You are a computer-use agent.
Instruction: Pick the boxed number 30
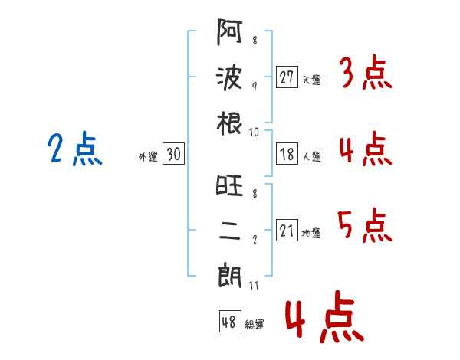[x=173, y=155]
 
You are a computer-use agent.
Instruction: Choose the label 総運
[x=255, y=324]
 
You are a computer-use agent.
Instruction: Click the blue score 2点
[x=75, y=149]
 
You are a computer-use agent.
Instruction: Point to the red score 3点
[x=364, y=74]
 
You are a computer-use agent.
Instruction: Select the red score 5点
[x=364, y=227]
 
